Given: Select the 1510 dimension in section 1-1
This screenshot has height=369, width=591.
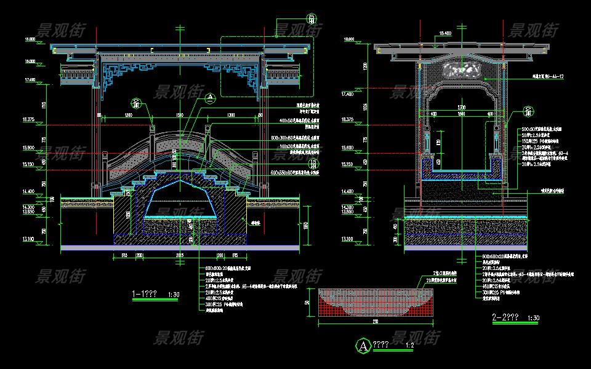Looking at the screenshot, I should [179, 115].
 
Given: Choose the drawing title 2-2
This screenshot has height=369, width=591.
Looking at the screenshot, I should [505, 317].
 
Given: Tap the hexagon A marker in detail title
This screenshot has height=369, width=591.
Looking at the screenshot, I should [363, 346].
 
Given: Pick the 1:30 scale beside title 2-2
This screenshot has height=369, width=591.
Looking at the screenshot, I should [534, 318].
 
